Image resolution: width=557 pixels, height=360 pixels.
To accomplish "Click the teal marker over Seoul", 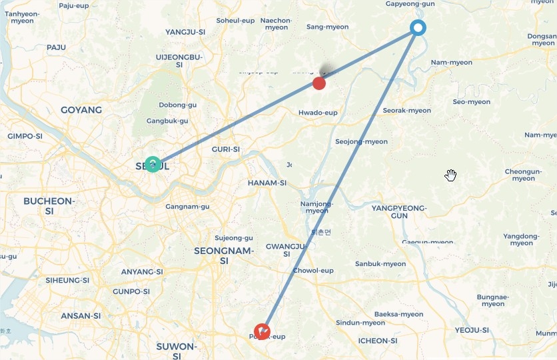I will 153,164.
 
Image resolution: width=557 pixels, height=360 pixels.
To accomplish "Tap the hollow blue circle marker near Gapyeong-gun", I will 418,27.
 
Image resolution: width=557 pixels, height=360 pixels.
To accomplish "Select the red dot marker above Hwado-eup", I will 319,83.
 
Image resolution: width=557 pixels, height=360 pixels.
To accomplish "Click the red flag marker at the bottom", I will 263,331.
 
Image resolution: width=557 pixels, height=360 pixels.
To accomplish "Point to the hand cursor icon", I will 451,175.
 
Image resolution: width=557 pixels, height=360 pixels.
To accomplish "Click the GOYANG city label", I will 81,110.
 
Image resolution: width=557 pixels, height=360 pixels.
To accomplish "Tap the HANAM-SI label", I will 267,183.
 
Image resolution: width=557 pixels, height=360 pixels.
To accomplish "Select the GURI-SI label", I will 225,149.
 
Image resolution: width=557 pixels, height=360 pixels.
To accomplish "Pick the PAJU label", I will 57,47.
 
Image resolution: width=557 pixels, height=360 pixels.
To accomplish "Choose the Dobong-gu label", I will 177,105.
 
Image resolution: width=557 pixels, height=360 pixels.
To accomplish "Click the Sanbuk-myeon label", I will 380,264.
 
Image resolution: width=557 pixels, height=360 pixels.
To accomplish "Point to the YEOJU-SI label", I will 472,330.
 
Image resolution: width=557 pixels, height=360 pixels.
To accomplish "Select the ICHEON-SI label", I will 378,341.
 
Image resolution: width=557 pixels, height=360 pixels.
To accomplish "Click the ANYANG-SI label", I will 142,272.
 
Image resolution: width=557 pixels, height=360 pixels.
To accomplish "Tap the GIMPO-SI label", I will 25,136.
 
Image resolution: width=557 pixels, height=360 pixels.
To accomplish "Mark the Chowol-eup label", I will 313,271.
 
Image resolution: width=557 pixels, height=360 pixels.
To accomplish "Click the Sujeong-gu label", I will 234,238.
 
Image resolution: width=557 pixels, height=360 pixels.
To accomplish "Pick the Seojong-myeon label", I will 361,141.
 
